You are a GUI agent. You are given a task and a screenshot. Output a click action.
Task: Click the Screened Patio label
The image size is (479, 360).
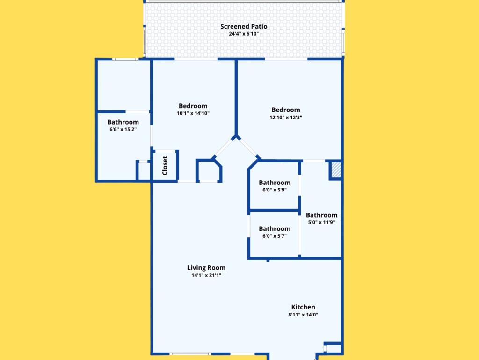point(244,27)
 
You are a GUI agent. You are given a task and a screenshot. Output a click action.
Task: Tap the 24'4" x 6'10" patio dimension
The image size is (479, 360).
point(244,34)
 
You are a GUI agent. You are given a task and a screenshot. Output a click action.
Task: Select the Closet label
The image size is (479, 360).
point(165,165)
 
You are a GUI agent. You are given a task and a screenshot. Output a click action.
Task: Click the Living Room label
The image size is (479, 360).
point(206,268)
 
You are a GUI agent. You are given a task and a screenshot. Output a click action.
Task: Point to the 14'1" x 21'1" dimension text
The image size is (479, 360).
point(206,275)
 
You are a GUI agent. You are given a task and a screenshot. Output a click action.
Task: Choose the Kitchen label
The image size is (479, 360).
point(303,307)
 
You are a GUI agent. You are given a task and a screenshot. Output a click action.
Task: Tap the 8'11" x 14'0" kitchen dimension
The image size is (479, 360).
point(303,315)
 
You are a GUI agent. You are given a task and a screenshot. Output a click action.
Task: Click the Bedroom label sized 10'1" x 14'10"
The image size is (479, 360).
point(193,106)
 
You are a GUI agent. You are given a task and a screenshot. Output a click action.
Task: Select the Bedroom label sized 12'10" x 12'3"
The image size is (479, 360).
point(286,110)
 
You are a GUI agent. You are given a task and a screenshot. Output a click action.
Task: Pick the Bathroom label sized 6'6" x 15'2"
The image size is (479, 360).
point(123,122)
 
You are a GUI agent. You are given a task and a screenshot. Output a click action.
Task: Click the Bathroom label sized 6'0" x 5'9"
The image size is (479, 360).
point(274,183)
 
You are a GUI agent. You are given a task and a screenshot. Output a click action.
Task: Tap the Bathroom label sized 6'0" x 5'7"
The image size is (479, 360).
point(274,228)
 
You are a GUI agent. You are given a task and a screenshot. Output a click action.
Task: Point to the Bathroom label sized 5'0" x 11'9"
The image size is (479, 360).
point(321,215)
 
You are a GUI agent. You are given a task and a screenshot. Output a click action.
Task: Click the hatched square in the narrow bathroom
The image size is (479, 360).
point(336,169)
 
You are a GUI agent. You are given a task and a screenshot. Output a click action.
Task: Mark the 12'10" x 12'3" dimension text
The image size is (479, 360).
point(286,118)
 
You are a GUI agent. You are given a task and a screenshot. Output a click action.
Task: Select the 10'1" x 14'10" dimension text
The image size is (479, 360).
point(193,113)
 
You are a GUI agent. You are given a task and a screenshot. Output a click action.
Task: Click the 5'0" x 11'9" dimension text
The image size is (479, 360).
point(321,222)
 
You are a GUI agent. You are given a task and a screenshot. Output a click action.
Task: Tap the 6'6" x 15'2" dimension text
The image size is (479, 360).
point(123,129)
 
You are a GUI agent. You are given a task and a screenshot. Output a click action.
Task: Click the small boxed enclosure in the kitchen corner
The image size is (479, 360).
point(333,348)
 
